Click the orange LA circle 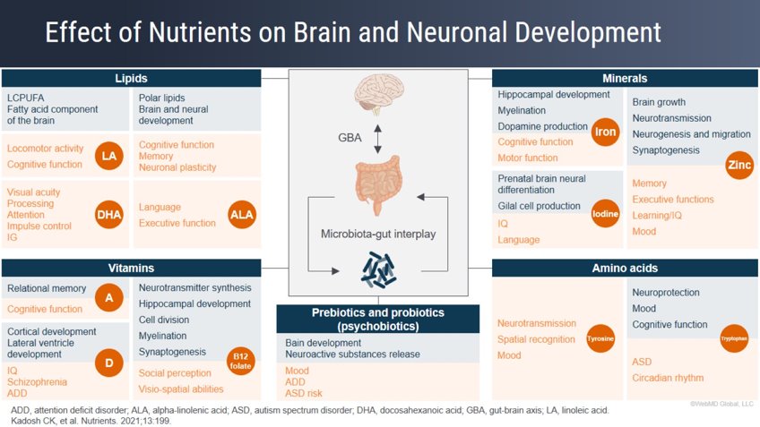[x=108, y=157]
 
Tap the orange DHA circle [x=108, y=214]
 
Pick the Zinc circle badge [x=740, y=167]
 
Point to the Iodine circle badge [x=606, y=215]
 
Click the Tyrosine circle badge [x=600, y=340]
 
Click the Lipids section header [x=132, y=78]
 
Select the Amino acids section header [x=626, y=268]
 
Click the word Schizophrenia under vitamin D [x=37, y=381]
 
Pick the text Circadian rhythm [x=668, y=378]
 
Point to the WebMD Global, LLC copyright [x=722, y=405]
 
